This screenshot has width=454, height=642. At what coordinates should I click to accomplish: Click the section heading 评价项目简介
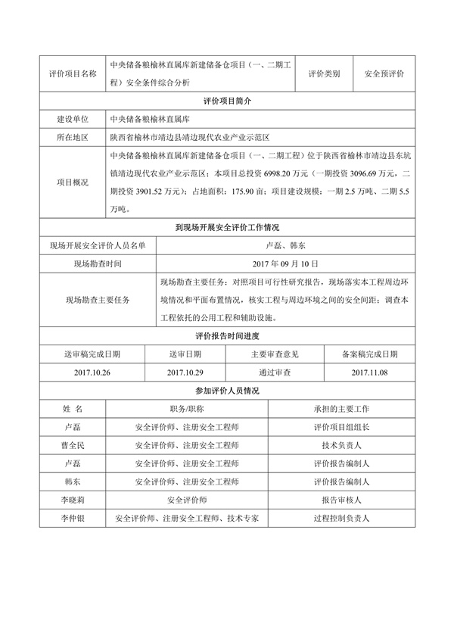227,100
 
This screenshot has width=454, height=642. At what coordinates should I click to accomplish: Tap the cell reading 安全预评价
384,74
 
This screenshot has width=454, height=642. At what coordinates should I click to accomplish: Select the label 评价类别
324,74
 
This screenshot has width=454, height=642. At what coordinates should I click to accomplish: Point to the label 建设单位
73,120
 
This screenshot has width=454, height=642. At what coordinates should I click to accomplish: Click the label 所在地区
73,138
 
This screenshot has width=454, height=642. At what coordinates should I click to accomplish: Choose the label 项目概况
73,182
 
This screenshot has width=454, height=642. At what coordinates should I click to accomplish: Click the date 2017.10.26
93,372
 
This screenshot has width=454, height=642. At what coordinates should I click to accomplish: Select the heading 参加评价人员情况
227,391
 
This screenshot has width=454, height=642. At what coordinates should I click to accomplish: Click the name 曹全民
73,445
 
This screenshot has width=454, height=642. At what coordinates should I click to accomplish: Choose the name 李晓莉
73,500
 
